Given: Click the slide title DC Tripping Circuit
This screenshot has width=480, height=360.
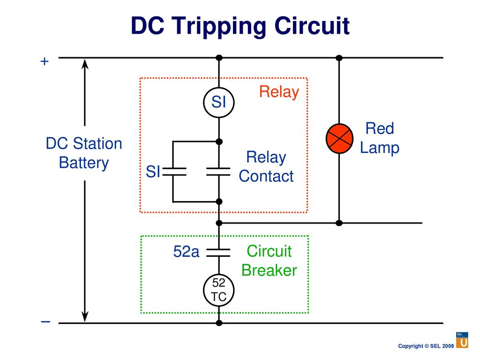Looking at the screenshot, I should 240,26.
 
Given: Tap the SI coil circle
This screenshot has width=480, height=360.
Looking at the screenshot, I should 219,102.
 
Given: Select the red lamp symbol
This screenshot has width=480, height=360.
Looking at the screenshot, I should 339,138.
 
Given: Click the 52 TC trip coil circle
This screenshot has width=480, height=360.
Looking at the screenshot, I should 219,290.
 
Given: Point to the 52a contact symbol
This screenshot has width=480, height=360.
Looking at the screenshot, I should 219,253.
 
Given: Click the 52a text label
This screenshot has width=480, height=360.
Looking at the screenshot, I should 186,252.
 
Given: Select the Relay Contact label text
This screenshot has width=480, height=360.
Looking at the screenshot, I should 266,167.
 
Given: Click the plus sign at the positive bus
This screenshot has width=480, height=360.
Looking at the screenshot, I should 45,61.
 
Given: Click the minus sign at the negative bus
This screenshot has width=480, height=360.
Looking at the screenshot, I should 45,322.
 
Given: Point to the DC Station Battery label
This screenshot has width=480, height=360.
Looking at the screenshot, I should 84,153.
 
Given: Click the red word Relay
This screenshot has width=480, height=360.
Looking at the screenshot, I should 279,92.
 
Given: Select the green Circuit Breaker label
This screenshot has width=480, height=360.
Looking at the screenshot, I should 269,261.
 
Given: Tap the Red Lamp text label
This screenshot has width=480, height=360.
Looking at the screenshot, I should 380,138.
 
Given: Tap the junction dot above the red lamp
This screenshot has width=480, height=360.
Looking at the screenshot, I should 339,58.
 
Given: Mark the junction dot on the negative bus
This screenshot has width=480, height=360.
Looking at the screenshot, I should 219,323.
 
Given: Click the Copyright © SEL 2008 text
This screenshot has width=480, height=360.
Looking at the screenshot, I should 426,346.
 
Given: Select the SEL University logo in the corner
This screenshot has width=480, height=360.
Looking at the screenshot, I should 462,340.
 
